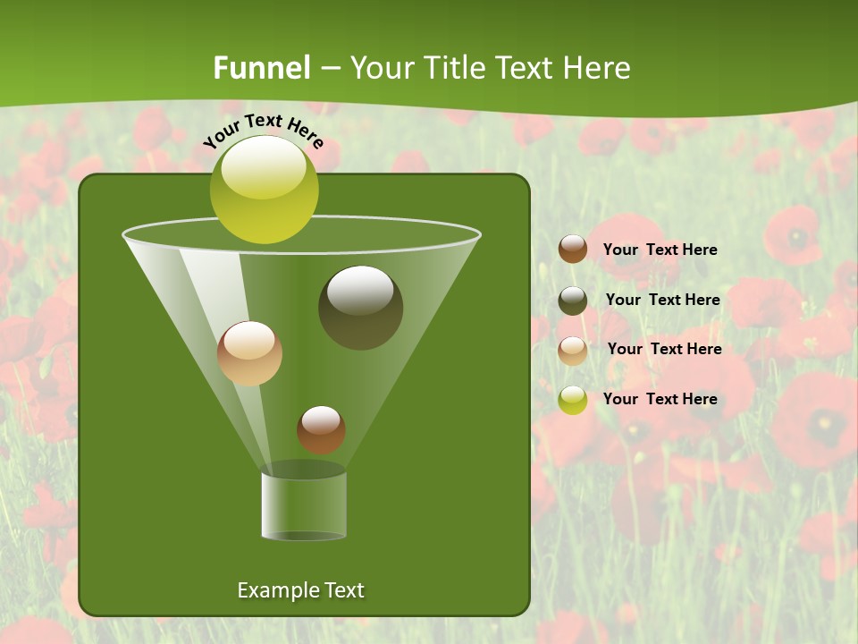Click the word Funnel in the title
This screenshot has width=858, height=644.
point(261,68)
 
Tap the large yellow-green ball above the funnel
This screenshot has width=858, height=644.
point(264,190)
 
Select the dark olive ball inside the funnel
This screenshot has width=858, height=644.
point(360,308)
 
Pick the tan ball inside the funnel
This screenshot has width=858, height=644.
point(249,353)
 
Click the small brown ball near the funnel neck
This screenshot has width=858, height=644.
point(321,429)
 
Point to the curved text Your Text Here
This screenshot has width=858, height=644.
point(263,129)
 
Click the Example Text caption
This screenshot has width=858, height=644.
point(300,590)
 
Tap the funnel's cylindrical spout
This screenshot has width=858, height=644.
point(303,505)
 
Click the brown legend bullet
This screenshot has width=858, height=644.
point(573,250)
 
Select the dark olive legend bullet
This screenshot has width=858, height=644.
point(573,301)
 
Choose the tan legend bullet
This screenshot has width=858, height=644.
point(573,351)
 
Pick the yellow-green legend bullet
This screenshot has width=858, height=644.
point(573,401)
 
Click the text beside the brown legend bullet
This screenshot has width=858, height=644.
point(660,250)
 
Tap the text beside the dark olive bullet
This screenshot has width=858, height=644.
point(662,300)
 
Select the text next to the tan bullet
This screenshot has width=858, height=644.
point(664,349)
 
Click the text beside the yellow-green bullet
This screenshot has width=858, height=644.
point(660,399)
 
